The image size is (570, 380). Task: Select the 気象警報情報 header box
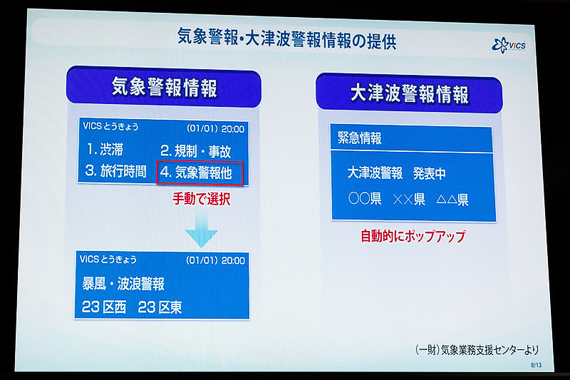pyautogui.click(x=164, y=87)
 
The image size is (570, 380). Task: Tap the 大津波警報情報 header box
pyautogui.click(x=409, y=94)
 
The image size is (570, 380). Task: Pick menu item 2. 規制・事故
pyautogui.click(x=195, y=151)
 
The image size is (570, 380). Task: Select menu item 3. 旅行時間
pyautogui.click(x=116, y=172)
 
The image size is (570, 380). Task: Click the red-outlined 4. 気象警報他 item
pyautogui.click(x=199, y=173)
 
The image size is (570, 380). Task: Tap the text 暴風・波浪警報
pyautogui.click(x=124, y=284)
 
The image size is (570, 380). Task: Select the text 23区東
pyautogui.click(x=161, y=307)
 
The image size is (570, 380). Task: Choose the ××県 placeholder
pyautogui.click(x=408, y=200)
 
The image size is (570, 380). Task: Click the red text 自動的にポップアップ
pyautogui.click(x=413, y=235)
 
